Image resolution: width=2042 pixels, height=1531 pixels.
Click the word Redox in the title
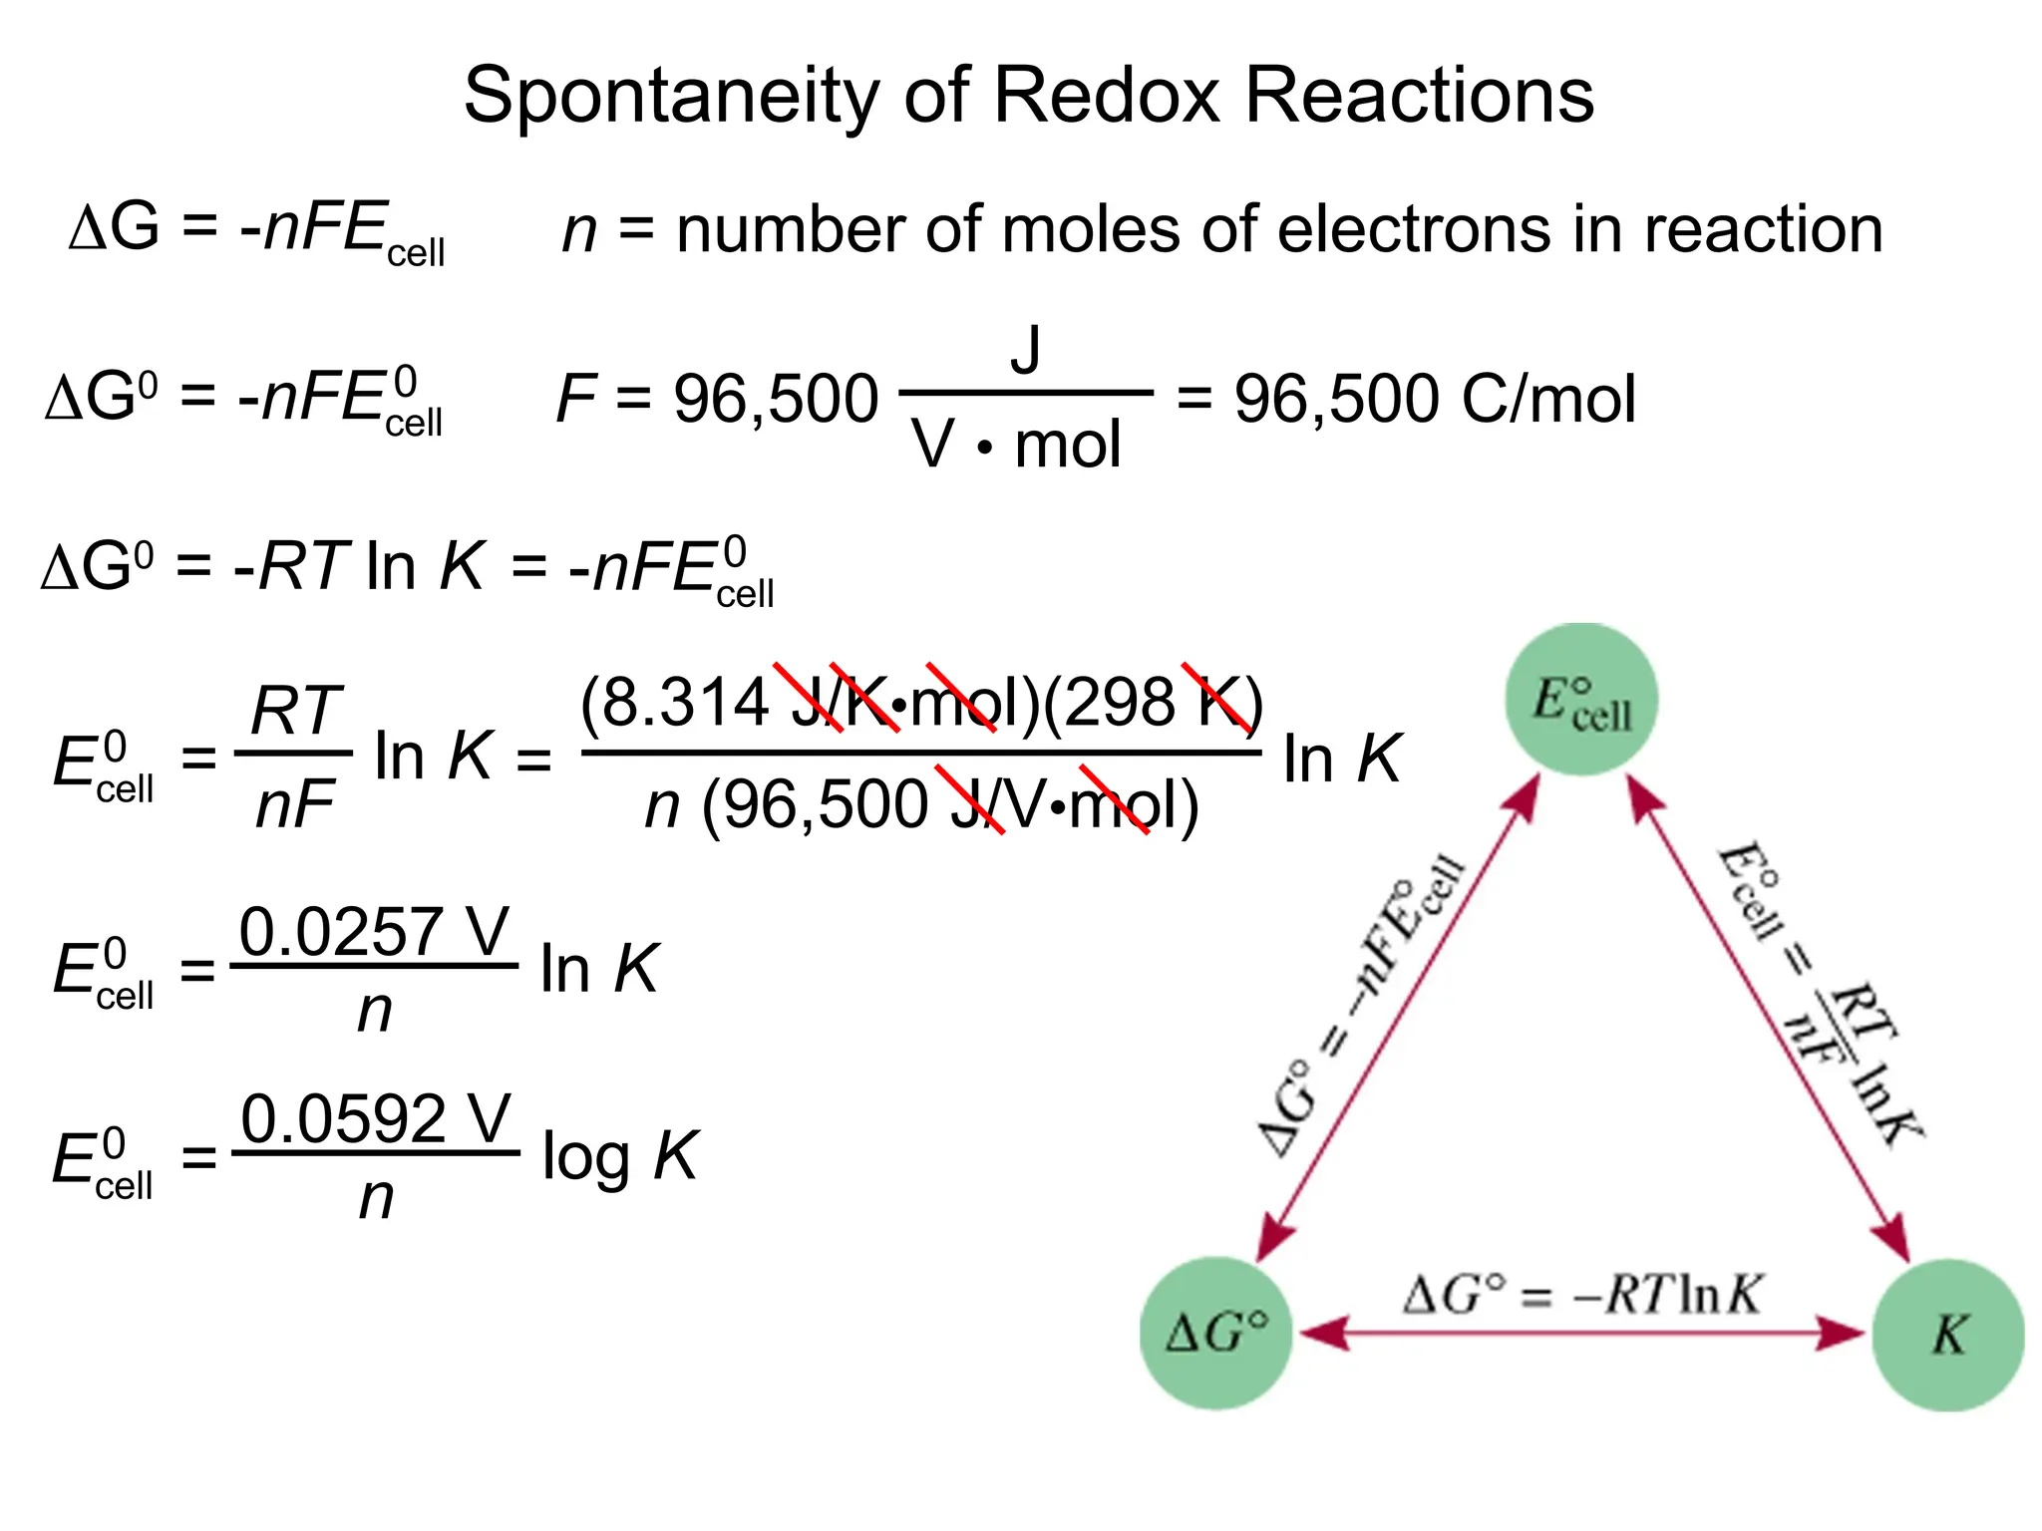click(x=1108, y=97)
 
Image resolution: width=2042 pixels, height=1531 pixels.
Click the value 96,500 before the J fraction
click(x=776, y=399)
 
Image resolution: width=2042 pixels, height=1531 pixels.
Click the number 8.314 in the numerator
click(x=684, y=702)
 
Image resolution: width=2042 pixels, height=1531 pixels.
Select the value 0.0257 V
click(x=374, y=932)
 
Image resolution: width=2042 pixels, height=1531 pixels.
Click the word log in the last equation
click(x=585, y=1158)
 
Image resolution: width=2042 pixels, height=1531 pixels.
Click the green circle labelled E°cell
click(x=1581, y=700)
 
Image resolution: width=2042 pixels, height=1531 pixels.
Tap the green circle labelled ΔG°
click(x=1216, y=1333)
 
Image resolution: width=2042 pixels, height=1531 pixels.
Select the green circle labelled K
click(x=1948, y=1335)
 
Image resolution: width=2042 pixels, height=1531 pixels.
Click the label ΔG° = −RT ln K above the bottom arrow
click(x=1581, y=1295)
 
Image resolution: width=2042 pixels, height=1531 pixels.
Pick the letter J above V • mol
click(x=1025, y=350)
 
